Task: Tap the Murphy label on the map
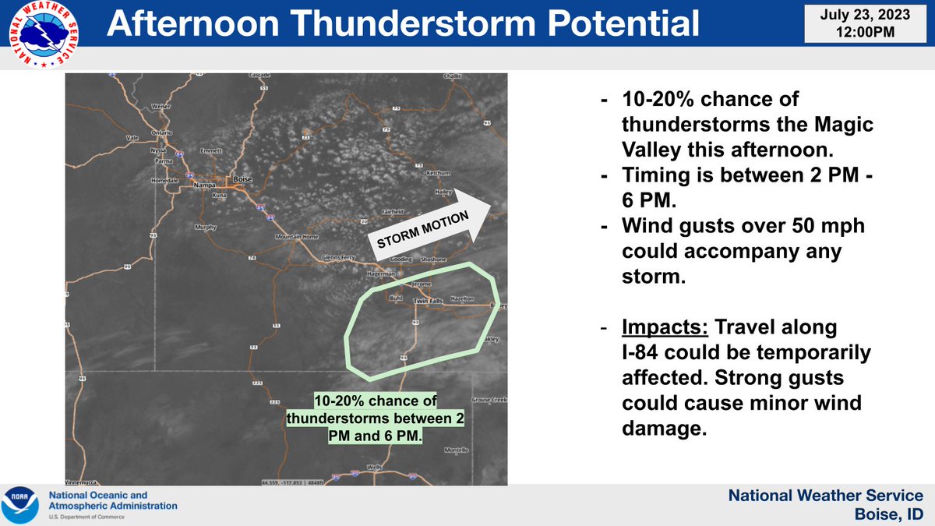pyautogui.click(x=206, y=228)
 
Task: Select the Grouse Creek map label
pyautogui.click(x=489, y=400)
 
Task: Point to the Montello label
pyautogui.click(x=457, y=450)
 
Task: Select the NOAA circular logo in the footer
pyautogui.click(x=20, y=504)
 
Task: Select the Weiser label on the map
pyautogui.click(x=161, y=106)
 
